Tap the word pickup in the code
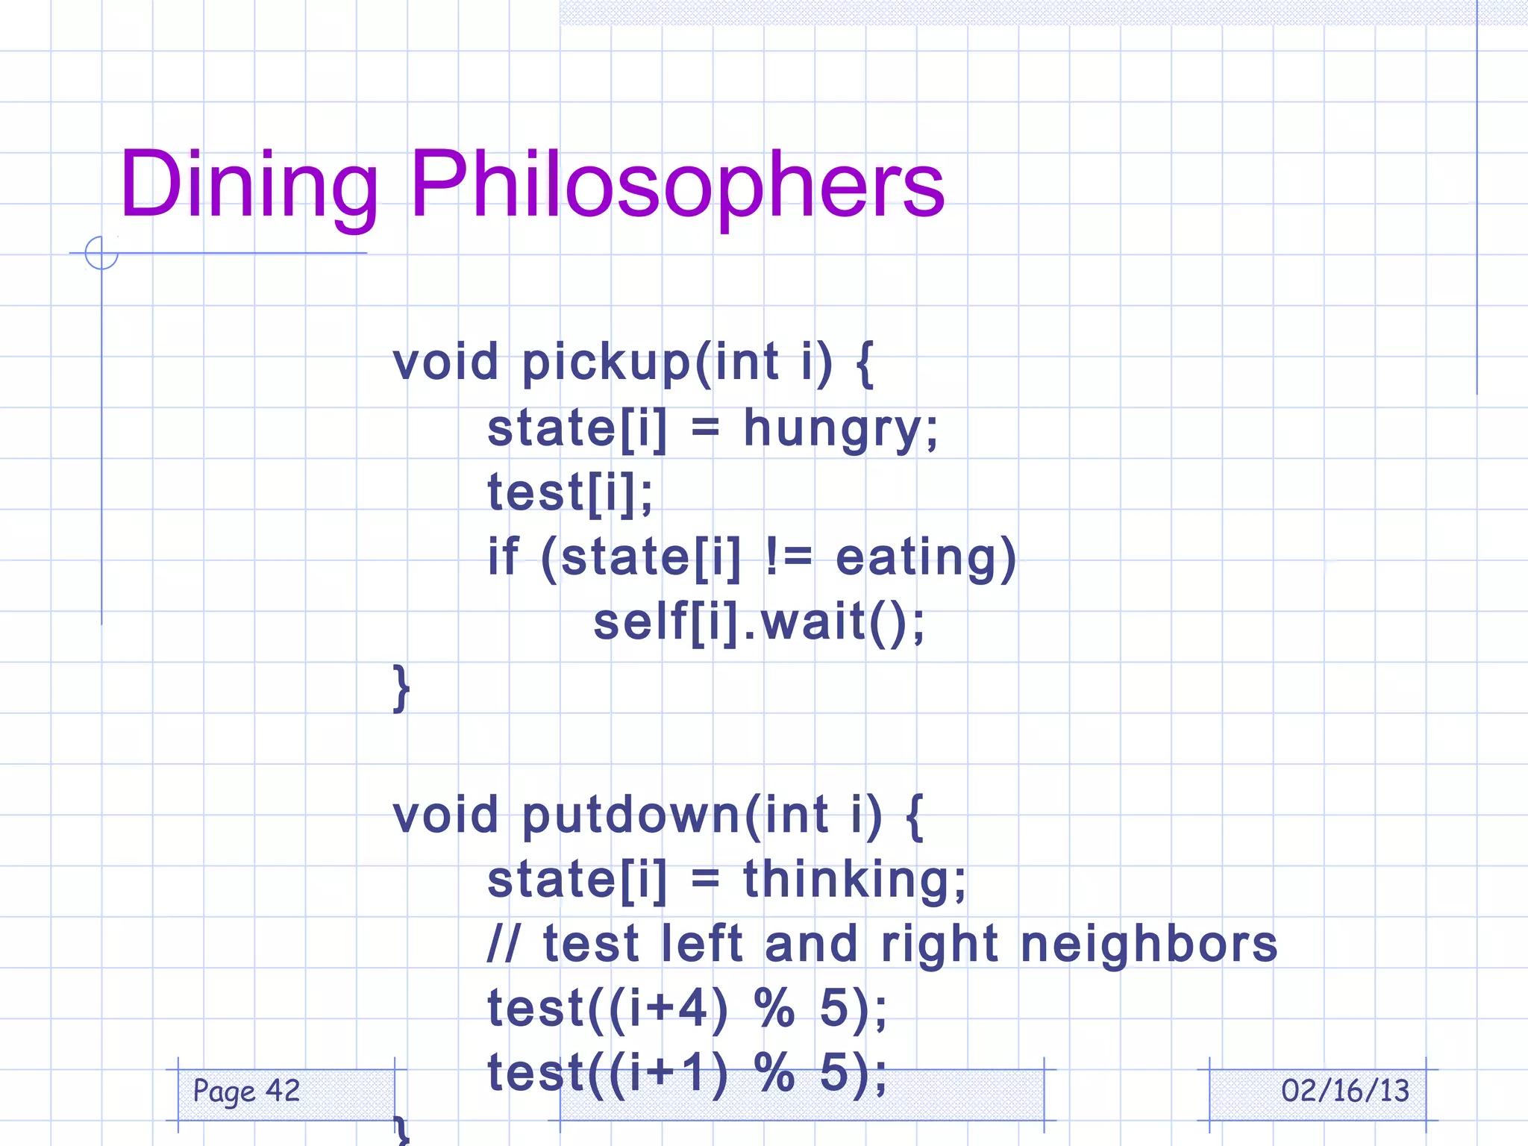pyautogui.click(x=607, y=363)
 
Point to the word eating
pyautogui.click(x=916, y=558)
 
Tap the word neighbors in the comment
pyautogui.click(x=1148, y=945)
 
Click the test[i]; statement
pyautogui.click(x=570, y=493)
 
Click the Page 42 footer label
pyautogui.click(x=246, y=1092)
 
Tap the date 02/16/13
pyautogui.click(x=1344, y=1092)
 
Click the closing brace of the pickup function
pyautogui.click(x=401, y=688)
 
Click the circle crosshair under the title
pyautogui.click(x=101, y=253)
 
